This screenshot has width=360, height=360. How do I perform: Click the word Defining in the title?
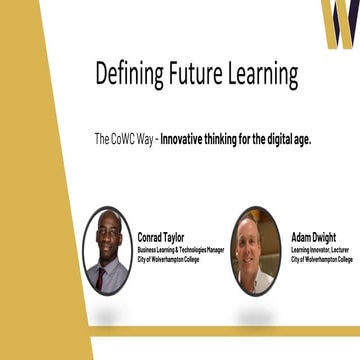click(x=129, y=73)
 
